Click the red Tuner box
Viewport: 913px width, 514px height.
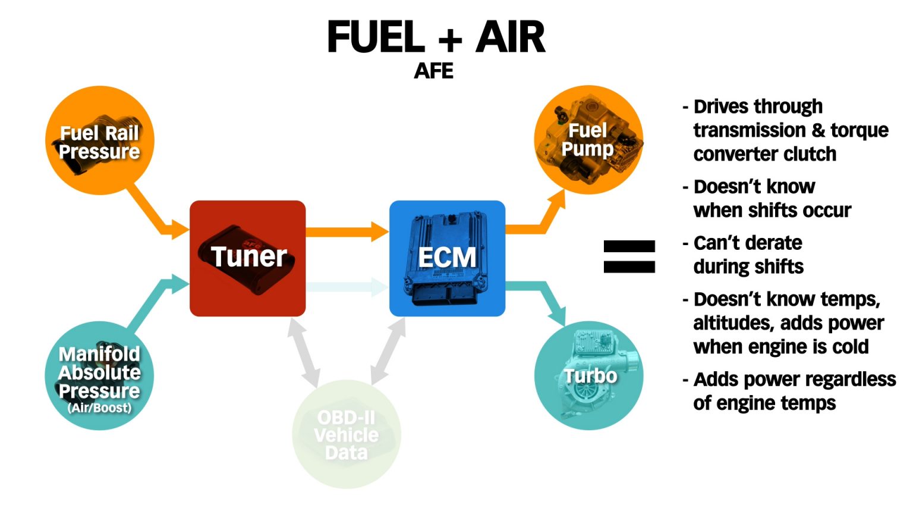click(x=247, y=258)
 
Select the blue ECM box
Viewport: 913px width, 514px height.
click(x=447, y=258)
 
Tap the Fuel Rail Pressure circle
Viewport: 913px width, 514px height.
click(x=100, y=141)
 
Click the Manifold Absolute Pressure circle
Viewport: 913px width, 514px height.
click(x=100, y=375)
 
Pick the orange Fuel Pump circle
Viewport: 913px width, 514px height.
click(x=588, y=140)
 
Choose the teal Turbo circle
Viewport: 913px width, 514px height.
click(x=589, y=375)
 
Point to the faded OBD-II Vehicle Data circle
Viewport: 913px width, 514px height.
click(x=347, y=435)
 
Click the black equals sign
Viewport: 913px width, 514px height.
click(x=629, y=256)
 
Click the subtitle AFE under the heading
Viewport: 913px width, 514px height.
click(x=433, y=71)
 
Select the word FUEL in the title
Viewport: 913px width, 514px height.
click(x=376, y=37)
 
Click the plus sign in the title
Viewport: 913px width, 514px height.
click(x=451, y=39)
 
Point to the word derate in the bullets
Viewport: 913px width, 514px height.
click(x=772, y=243)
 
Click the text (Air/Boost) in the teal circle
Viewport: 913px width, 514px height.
click(x=99, y=408)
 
